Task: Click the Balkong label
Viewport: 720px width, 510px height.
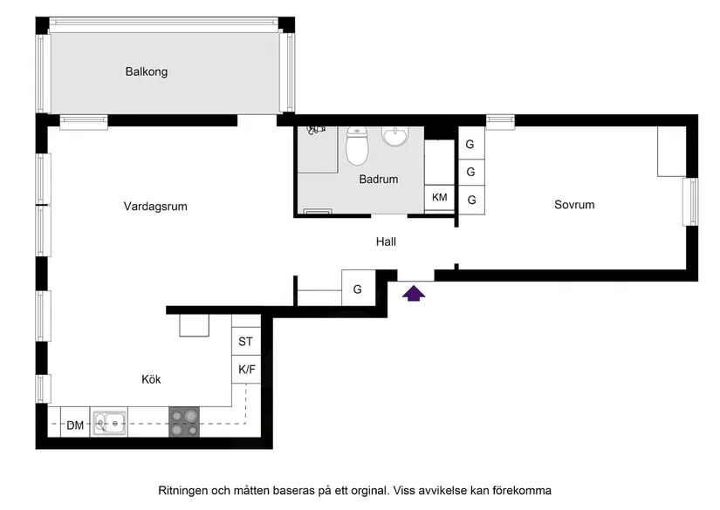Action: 146,71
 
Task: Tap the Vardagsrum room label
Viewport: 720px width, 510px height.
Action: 155,207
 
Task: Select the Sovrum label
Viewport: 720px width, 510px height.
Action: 574,205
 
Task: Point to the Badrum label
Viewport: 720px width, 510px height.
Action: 378,180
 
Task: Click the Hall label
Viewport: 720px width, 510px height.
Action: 386,241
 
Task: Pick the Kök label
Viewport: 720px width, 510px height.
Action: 151,379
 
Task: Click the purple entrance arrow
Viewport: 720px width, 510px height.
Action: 414,294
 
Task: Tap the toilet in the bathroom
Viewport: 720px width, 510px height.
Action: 356,146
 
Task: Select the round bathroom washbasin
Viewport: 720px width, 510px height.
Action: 395,136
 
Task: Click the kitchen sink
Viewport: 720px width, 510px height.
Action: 110,424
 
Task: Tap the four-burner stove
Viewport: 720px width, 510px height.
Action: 184,423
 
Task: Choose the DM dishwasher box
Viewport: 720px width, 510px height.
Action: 75,425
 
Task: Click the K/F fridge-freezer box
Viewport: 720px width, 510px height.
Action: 247,370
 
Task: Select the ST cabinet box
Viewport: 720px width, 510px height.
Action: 246,342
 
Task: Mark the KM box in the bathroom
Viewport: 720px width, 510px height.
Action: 440,198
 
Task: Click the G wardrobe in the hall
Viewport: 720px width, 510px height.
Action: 358,289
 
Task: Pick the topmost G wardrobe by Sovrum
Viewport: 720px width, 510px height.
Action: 470,145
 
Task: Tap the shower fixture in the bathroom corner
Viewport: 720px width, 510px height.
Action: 316,130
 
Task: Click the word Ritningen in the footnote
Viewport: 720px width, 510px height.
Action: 185,490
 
